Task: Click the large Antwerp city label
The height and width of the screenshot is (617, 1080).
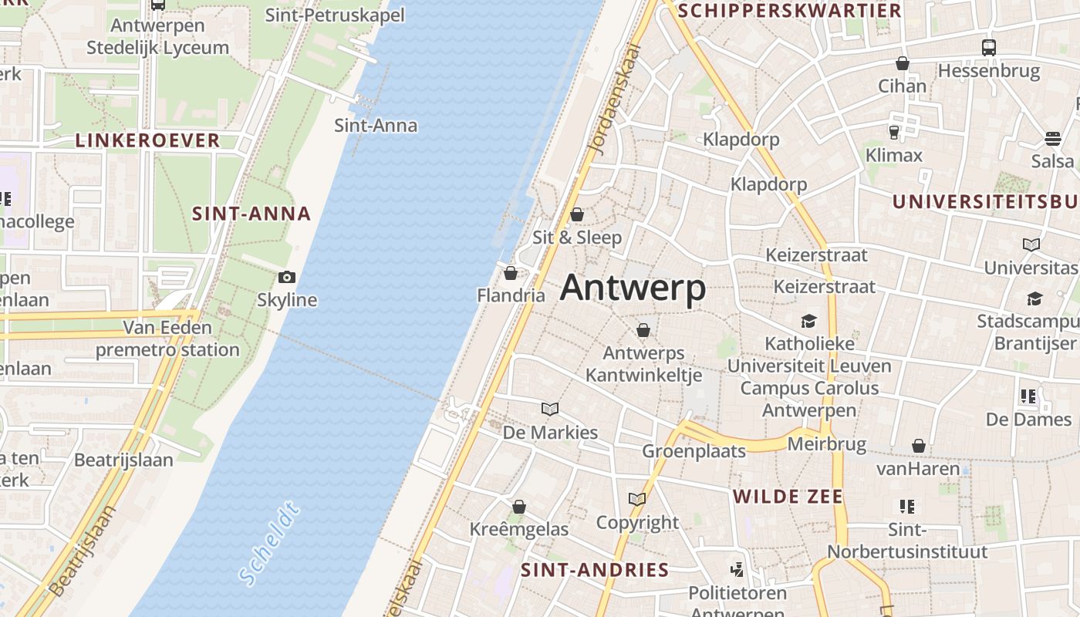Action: (x=633, y=288)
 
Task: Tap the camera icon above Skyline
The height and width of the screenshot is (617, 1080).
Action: (x=287, y=277)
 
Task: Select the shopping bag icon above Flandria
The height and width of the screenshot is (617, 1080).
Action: (x=510, y=273)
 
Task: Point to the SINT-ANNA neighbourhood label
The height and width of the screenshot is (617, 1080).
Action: (x=251, y=214)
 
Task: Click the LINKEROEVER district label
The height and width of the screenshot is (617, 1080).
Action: (x=147, y=140)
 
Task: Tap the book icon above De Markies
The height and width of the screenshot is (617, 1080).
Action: (x=550, y=409)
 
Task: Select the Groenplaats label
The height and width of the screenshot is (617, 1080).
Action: (x=694, y=451)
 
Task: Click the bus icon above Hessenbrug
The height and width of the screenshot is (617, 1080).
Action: (x=989, y=47)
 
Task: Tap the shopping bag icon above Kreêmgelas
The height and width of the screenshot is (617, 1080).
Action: (x=519, y=507)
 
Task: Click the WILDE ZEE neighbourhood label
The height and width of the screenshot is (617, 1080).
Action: (x=788, y=496)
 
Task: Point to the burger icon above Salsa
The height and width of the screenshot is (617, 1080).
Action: (x=1053, y=139)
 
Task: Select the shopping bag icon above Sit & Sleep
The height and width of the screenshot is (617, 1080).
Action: (x=577, y=214)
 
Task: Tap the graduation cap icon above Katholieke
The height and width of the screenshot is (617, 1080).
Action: (x=808, y=321)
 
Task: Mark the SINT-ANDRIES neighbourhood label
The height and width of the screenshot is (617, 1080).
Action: (x=595, y=570)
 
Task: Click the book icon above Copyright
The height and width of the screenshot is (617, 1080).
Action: (x=636, y=499)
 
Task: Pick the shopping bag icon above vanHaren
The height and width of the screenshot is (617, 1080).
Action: (x=918, y=446)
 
